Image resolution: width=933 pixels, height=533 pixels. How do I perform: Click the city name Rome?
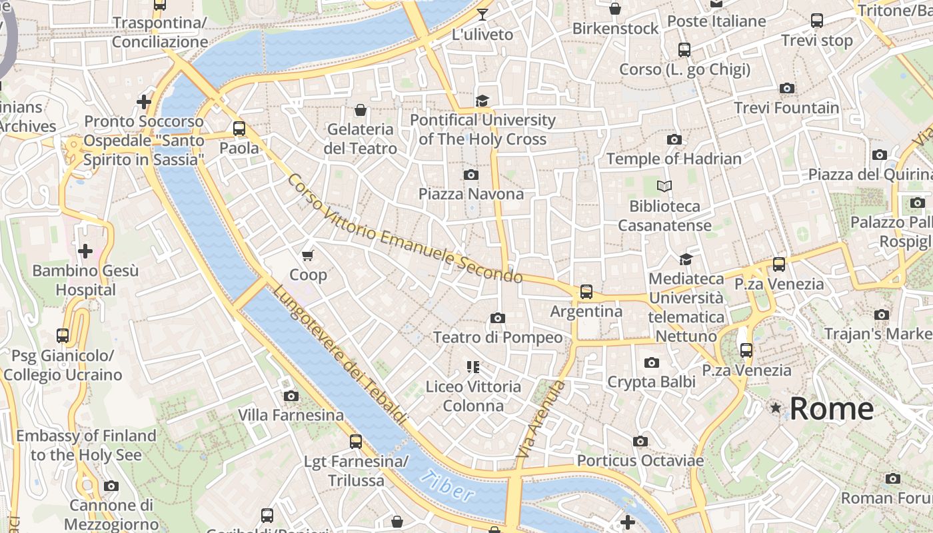(x=831, y=408)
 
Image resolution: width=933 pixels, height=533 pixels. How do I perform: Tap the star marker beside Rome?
(x=776, y=407)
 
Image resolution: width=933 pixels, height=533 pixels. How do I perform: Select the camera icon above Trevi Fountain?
(x=787, y=89)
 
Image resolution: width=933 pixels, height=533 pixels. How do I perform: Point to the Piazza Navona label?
(x=471, y=194)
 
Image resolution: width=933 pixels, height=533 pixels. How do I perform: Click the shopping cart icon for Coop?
(x=308, y=255)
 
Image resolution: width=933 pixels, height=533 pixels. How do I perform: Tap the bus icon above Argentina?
(x=586, y=292)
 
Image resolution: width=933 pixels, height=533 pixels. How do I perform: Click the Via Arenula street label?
(x=540, y=419)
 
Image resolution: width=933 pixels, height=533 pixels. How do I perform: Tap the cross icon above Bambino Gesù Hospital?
(x=85, y=251)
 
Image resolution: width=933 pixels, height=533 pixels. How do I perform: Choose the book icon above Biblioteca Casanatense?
(x=664, y=186)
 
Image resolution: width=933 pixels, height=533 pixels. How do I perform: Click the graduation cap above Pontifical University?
(x=482, y=101)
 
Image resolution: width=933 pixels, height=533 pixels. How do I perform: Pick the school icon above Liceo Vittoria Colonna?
(x=473, y=366)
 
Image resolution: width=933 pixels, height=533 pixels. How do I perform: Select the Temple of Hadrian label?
(x=674, y=159)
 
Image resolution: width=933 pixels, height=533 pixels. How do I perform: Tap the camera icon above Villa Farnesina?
(x=291, y=396)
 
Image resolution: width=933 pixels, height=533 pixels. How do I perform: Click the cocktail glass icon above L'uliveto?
(x=482, y=15)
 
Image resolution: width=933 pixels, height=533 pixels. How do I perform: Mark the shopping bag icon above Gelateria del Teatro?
(x=361, y=110)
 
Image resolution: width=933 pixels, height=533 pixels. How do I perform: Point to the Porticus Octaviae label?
(x=640, y=460)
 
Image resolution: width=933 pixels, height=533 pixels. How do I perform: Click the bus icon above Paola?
(x=239, y=129)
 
